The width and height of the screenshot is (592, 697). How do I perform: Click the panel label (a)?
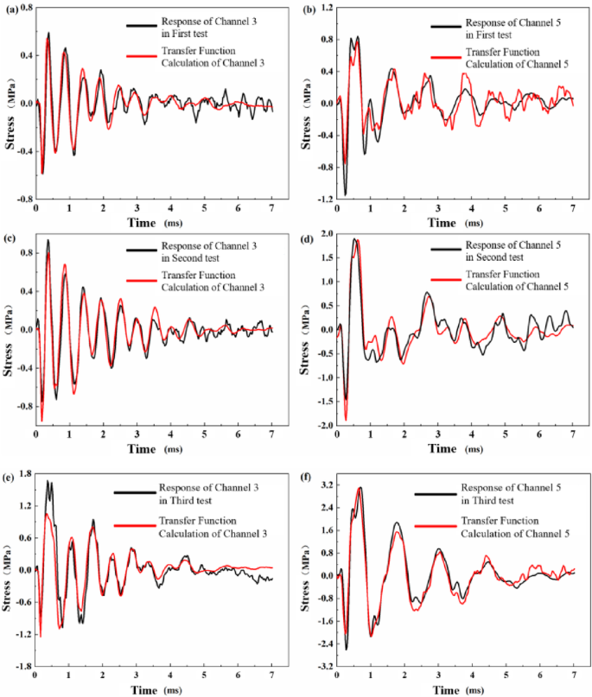point(15,10)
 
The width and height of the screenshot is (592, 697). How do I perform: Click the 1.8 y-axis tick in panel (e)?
point(24,472)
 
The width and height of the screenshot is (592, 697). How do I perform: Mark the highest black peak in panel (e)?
point(48,481)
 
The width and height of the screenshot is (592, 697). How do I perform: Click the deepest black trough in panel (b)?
point(346,195)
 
